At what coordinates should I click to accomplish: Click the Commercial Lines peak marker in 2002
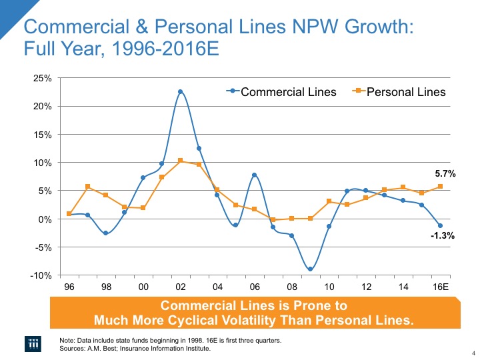(x=180, y=92)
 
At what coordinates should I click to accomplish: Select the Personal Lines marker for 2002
(x=180, y=161)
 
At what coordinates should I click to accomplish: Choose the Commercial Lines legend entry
(x=281, y=92)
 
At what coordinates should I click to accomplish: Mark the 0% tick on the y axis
(x=45, y=219)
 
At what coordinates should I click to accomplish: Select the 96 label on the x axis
(x=69, y=287)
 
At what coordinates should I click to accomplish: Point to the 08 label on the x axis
(x=291, y=287)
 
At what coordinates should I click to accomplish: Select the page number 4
(x=472, y=353)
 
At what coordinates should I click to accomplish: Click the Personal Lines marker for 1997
(x=87, y=187)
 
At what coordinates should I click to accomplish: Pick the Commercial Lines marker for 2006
(x=254, y=175)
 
